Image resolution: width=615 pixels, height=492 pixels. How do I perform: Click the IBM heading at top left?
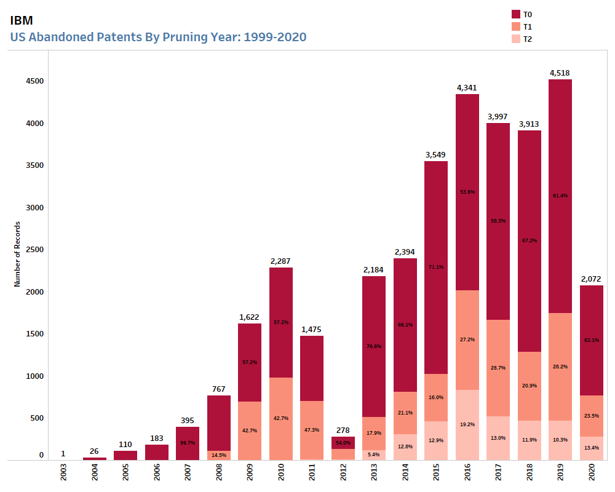(22, 20)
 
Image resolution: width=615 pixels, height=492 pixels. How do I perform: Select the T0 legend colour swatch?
(515, 14)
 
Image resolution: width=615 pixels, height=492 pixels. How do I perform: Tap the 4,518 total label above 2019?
(560, 73)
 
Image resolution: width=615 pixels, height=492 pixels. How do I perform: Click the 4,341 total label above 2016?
(467, 87)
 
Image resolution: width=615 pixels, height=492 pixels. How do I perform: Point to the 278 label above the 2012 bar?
(343, 430)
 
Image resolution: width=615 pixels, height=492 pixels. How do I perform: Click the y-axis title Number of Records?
(17, 254)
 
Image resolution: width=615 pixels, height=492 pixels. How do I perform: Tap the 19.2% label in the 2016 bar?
(467, 424)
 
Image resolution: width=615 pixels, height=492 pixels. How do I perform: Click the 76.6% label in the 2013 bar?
(374, 346)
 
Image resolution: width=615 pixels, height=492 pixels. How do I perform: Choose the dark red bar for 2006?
(157, 452)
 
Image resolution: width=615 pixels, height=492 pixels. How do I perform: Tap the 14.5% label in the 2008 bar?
(219, 454)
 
